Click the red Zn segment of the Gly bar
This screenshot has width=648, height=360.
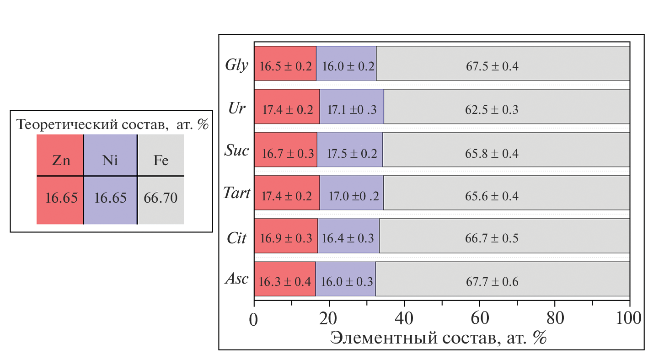click(x=285, y=64)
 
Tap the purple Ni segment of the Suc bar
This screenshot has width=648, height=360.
click(x=350, y=150)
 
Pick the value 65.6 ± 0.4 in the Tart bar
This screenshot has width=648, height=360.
click(x=492, y=196)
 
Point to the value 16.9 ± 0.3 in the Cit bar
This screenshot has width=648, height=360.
click(x=286, y=238)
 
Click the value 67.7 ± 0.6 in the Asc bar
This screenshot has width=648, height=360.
click(x=492, y=281)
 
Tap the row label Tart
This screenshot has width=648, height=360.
click(x=236, y=193)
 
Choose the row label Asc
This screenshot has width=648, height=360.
click(x=236, y=279)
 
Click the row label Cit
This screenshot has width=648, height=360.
click(x=236, y=238)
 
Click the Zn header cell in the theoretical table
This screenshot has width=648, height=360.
click(x=61, y=161)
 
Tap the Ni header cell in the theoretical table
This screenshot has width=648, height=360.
click(x=111, y=161)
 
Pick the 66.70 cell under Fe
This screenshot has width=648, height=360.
click(x=161, y=198)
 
